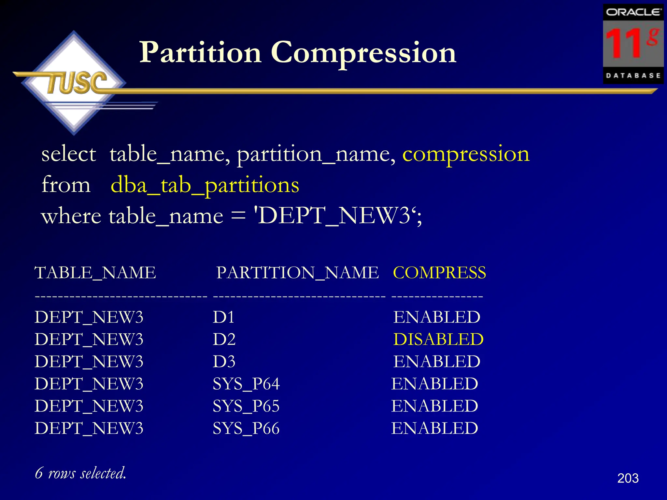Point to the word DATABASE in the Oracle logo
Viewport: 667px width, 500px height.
click(633, 76)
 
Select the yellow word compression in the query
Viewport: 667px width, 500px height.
click(466, 154)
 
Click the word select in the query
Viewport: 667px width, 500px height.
click(69, 154)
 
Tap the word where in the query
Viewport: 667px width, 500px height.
click(71, 216)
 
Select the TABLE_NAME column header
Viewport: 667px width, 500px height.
click(95, 273)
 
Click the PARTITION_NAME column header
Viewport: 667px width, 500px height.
click(297, 273)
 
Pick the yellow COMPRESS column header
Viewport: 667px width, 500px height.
click(439, 273)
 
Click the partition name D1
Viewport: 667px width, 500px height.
click(223, 317)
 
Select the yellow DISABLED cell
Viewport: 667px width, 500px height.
click(438, 340)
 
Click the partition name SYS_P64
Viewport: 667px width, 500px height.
click(246, 384)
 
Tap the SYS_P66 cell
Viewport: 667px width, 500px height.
click(246, 428)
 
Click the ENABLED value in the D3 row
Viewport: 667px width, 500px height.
click(437, 362)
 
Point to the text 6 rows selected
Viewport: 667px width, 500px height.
click(80, 473)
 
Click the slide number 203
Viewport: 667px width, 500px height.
click(628, 478)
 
